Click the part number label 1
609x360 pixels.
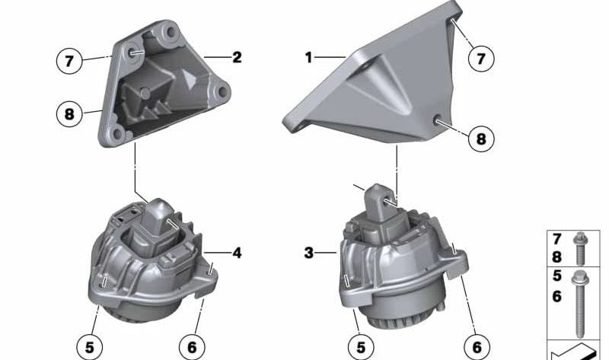pyautogui.click(x=309, y=58)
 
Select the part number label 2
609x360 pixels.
pyautogui.click(x=237, y=57)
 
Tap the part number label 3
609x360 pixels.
pyautogui.click(x=308, y=253)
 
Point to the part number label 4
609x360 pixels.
pyautogui.click(x=237, y=253)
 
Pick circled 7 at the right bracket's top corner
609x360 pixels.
pyautogui.click(x=480, y=58)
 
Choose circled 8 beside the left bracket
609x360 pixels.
pyautogui.click(x=69, y=114)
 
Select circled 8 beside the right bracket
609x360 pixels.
pyautogui.click(x=480, y=139)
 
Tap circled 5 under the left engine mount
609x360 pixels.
pyautogui.click(x=90, y=347)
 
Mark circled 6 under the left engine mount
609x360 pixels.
pyautogui.click(x=192, y=347)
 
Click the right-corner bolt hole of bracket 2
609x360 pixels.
pyautogui.click(x=222, y=94)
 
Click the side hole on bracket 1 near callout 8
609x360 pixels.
pyautogui.click(x=439, y=119)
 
